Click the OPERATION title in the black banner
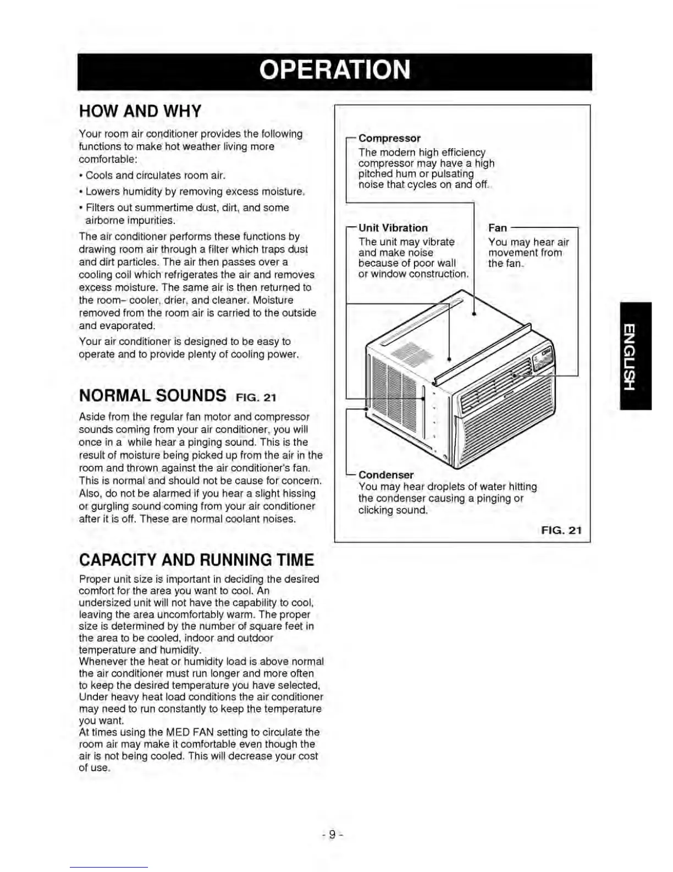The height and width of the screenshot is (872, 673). click(334, 70)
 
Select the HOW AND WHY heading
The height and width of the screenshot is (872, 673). click(140, 111)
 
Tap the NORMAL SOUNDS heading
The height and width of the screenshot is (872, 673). click(152, 396)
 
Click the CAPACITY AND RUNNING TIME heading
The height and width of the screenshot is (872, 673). click(196, 560)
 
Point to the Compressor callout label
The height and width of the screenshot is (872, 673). click(389, 138)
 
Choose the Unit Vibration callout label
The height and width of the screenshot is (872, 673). click(393, 228)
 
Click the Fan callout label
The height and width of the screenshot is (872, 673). click(497, 228)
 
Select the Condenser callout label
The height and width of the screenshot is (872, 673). click(386, 475)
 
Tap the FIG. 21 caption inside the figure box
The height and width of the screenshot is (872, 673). click(561, 530)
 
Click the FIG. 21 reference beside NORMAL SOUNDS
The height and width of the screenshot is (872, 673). click(256, 397)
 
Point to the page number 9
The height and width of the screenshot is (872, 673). click(332, 835)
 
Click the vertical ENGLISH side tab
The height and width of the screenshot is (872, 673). click(636, 356)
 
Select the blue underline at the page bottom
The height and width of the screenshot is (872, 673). click(108, 867)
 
